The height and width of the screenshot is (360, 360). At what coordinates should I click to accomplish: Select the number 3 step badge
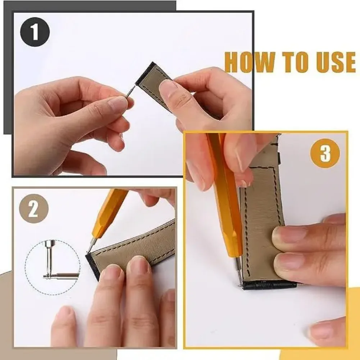click(x=325, y=154)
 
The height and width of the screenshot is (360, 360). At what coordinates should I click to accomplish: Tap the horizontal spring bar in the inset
click(x=61, y=276)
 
